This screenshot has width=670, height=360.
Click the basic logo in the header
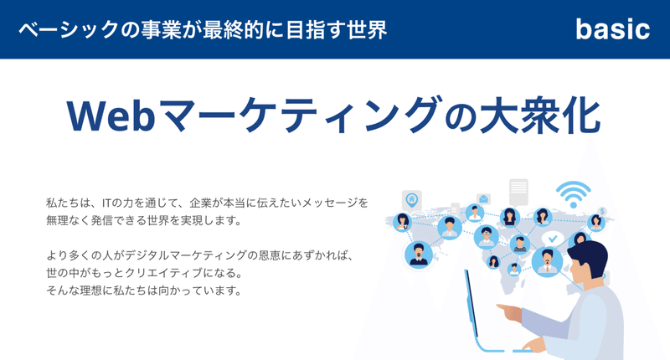613,29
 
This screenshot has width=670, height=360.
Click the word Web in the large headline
111,116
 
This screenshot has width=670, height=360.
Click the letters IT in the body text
106,203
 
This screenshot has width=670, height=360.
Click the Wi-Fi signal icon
574,194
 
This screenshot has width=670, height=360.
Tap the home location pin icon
411,200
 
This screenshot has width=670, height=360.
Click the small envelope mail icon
483,199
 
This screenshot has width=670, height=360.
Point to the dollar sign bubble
602,211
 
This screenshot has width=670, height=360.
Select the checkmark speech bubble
553,239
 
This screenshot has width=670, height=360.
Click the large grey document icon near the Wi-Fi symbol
518,192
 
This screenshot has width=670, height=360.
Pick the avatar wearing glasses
487,237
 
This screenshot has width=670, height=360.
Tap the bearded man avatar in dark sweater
418,255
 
